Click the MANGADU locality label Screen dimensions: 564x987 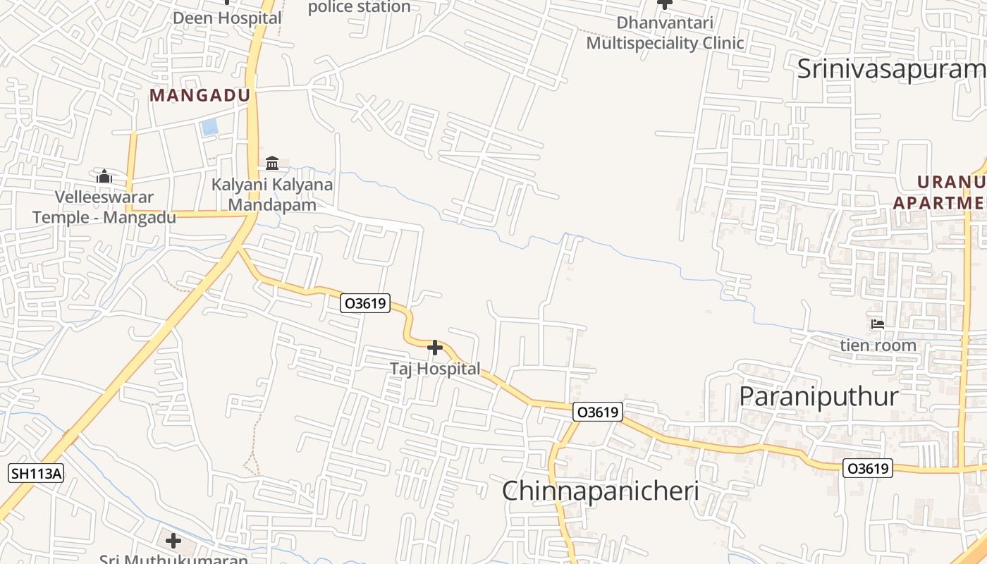point(200,96)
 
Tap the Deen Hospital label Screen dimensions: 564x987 point(227,18)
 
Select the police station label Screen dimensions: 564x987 point(360,7)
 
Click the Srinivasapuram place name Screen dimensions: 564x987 point(891,69)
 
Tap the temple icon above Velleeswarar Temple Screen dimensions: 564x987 point(104,176)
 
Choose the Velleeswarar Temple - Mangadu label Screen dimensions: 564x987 point(104,207)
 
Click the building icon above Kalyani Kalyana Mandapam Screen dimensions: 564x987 point(273,164)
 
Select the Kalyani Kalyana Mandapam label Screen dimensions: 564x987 point(273,195)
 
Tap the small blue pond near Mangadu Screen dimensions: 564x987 point(209,128)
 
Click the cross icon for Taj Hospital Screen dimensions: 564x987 point(435,348)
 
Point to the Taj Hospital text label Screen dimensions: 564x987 point(435,369)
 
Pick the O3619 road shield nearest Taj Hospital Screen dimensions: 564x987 point(364,304)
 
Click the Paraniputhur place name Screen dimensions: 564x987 point(819,396)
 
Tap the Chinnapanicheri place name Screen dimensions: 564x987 point(600,491)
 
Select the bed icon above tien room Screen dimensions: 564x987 point(878,324)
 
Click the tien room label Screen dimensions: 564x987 point(878,345)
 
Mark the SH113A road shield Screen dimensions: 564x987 point(36,473)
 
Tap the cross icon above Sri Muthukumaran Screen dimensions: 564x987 point(173,541)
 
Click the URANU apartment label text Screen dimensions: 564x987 point(941,192)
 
